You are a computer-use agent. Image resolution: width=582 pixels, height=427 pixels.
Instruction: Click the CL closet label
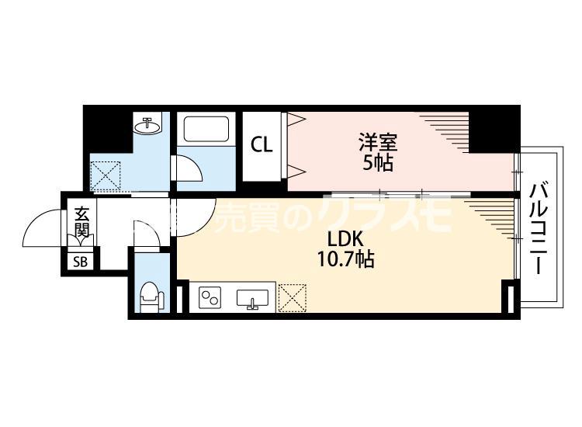(x=261, y=144)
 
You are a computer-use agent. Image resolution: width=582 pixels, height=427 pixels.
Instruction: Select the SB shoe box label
(x=81, y=262)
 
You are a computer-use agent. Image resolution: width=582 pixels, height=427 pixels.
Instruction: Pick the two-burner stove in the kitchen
(x=210, y=297)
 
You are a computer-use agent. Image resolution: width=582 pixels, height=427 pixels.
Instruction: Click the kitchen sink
(x=252, y=298)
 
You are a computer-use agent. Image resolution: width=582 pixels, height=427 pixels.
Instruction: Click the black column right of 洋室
(x=494, y=131)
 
